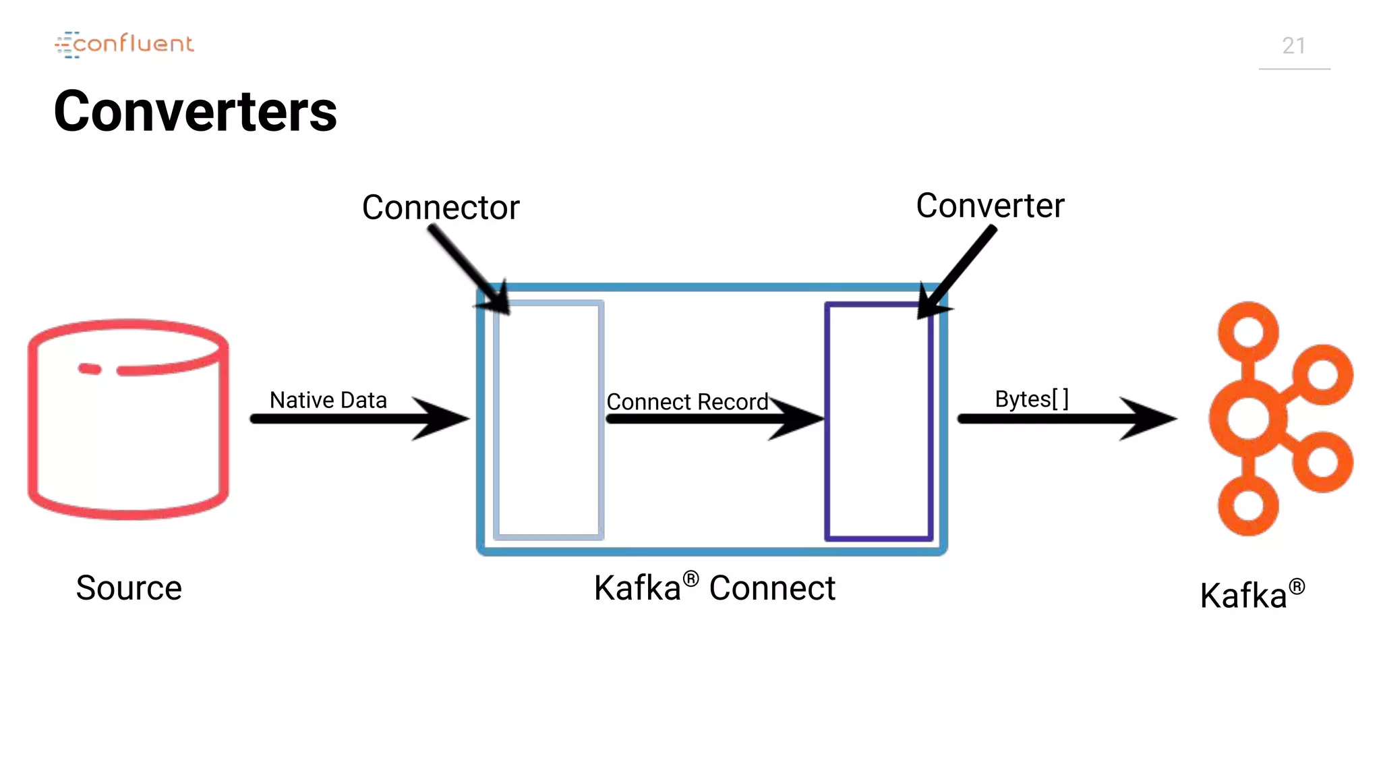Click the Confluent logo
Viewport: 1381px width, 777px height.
click(x=125, y=45)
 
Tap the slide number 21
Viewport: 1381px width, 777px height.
click(x=1293, y=46)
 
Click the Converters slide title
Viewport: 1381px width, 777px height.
click(x=195, y=111)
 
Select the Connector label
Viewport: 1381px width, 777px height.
click(x=440, y=207)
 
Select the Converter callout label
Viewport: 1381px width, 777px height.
click(x=989, y=205)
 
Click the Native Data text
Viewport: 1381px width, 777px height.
click(x=328, y=400)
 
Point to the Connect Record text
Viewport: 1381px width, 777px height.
click(x=686, y=402)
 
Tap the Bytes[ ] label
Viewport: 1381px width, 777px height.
click(x=1031, y=399)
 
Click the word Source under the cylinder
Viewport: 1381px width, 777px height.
click(x=129, y=587)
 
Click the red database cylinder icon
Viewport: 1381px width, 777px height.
click(x=128, y=420)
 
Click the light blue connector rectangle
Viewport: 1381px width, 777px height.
click(x=548, y=420)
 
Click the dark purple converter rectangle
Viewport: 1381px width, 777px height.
click(x=879, y=421)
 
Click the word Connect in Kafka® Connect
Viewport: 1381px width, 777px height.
click(x=772, y=587)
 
